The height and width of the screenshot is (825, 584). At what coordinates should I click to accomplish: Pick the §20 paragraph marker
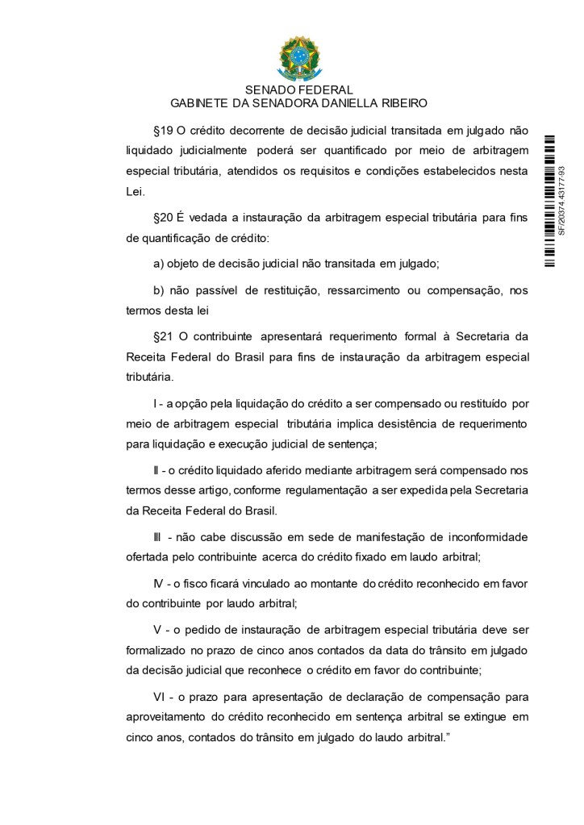pyautogui.click(x=163, y=218)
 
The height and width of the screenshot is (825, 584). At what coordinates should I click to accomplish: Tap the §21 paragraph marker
pyautogui.click(x=163, y=335)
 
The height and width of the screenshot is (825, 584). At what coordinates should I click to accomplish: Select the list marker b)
pyautogui.click(x=159, y=290)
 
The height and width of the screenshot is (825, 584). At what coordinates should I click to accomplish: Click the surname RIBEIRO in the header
pyautogui.click(x=403, y=103)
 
